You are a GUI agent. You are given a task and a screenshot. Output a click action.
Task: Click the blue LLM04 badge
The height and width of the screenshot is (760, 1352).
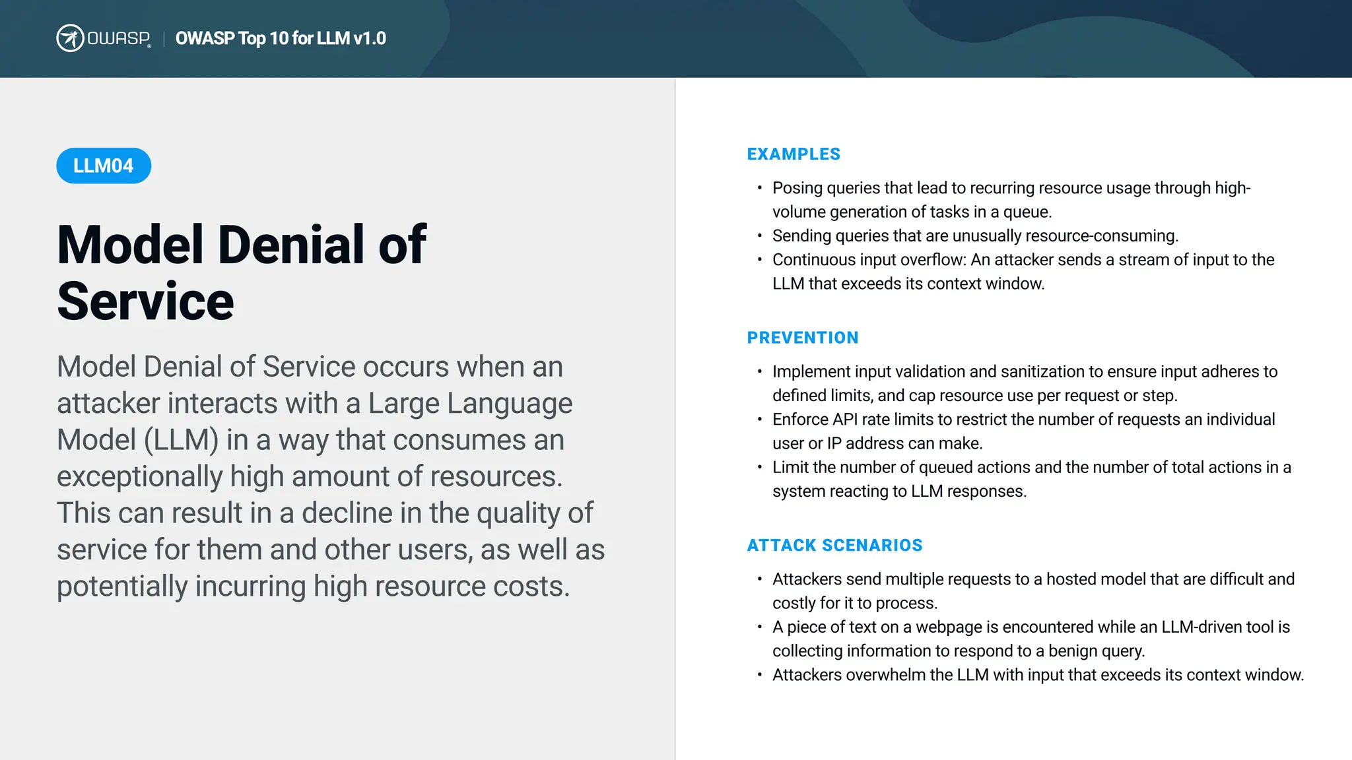[104, 166]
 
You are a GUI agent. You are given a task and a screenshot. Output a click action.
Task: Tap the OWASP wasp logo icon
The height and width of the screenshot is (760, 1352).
[70, 38]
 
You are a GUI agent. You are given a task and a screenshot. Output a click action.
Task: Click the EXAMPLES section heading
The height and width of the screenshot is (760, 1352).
[794, 154]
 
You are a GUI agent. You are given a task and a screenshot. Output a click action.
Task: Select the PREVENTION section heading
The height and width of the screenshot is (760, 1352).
[803, 338]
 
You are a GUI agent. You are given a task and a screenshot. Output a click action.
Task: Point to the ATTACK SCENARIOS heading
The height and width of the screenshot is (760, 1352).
[834, 546]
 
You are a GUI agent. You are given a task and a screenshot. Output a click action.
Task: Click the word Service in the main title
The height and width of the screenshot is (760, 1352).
[146, 301]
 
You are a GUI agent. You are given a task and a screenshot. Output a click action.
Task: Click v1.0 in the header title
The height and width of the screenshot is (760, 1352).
[370, 38]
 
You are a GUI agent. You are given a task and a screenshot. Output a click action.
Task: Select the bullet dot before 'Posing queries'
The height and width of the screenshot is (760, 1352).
[760, 188]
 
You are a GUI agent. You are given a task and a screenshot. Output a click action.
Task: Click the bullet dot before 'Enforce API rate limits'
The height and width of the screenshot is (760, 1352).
[760, 420]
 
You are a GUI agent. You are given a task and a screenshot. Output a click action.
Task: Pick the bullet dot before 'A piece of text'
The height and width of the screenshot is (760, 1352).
[760, 627]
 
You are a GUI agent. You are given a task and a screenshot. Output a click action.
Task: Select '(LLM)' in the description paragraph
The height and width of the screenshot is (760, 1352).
[182, 440]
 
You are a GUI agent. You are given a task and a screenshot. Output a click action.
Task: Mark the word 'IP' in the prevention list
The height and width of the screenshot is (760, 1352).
[834, 443]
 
